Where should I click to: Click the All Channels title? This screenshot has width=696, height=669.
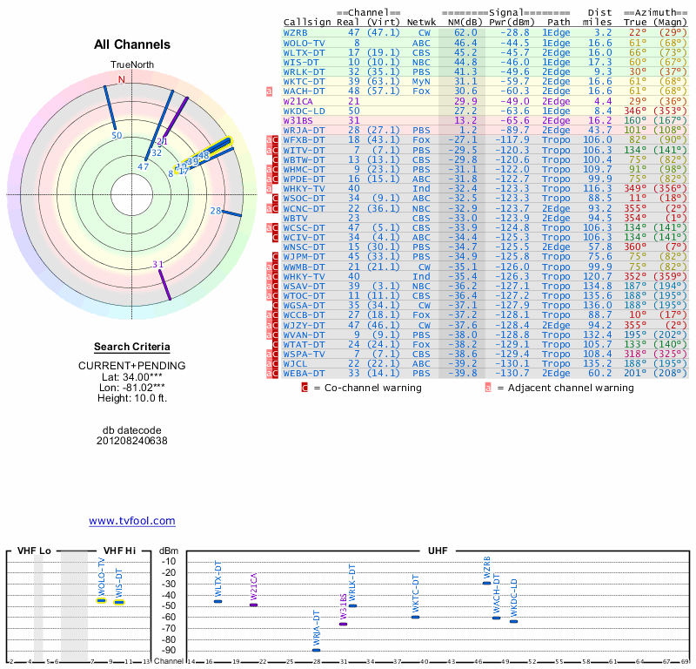point(132,44)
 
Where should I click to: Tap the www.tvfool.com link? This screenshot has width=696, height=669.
point(132,521)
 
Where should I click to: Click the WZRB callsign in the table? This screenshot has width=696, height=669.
point(296,32)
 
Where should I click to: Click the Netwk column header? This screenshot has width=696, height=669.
point(421,22)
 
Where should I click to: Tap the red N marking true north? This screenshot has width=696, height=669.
point(122,79)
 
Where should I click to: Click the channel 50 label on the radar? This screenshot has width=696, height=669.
point(116,135)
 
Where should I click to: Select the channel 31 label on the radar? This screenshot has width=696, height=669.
point(157,264)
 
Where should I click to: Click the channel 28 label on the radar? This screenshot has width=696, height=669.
point(215,210)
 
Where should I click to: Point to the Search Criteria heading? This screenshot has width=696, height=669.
point(132,347)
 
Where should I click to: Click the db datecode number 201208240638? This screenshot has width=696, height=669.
point(132,441)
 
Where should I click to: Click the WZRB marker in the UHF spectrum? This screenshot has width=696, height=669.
point(486,583)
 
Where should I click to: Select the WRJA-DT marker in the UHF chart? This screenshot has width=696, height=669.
point(316,650)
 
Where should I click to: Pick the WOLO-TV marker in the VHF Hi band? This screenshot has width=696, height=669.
point(102,600)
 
